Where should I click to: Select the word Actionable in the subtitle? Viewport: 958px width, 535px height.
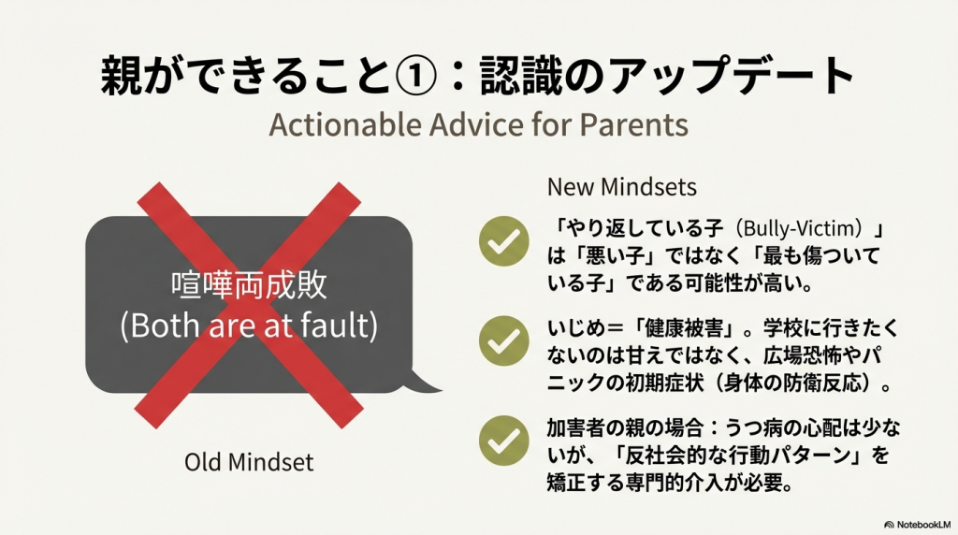tap(345, 124)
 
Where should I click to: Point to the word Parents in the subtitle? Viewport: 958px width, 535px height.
tap(633, 124)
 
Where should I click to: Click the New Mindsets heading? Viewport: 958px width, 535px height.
tap(622, 187)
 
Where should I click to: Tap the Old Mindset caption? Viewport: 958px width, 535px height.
tap(249, 462)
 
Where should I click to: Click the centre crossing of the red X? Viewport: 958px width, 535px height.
tap(249, 305)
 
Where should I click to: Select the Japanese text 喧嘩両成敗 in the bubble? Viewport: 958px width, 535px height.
tap(249, 285)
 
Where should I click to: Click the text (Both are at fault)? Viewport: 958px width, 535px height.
tap(249, 325)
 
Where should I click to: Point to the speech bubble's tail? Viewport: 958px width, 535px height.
tap(425, 383)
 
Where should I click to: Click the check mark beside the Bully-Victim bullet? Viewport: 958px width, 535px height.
tap(504, 241)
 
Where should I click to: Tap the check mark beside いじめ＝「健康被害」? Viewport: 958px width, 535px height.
tap(504, 340)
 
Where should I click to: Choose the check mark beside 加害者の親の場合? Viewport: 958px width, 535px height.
tap(504, 441)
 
